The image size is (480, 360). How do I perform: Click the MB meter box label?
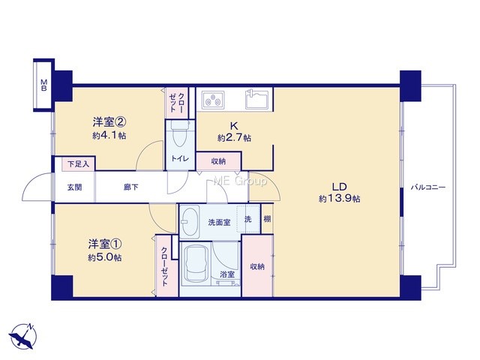[x=44, y=85]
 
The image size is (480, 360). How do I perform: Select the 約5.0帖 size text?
[x=105, y=258]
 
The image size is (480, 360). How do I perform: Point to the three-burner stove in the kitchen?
[x=213, y=100]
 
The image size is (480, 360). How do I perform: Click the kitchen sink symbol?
[x=257, y=99]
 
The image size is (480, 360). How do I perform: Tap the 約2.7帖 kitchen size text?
[x=234, y=138]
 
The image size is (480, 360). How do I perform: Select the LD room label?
[x=339, y=187]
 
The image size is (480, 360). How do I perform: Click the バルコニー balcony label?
[x=428, y=187]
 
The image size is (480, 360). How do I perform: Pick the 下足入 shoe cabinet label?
[x=78, y=164]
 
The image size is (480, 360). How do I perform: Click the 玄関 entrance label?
[x=75, y=187]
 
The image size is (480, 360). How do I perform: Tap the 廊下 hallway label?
[x=131, y=187]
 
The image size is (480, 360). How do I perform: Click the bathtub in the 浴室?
[x=195, y=263]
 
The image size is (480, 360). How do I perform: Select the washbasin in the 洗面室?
[x=189, y=222]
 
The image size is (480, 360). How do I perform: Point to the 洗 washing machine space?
[x=248, y=219]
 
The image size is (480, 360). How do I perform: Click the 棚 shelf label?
[x=267, y=219]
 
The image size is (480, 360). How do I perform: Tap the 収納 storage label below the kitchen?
[x=218, y=161]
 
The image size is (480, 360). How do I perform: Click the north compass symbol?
[x=23, y=337]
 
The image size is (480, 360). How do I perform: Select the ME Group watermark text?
[x=240, y=181]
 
